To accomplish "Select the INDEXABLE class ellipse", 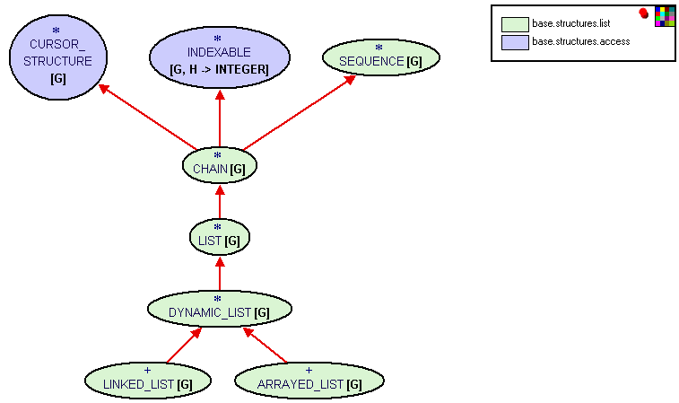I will coord(220,57).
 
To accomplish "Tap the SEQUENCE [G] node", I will coord(381,58).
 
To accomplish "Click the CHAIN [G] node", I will coord(220,166).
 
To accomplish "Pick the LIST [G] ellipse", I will coord(220,238).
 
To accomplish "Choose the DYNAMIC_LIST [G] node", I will coord(220,310).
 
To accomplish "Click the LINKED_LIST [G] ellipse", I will coord(148,381).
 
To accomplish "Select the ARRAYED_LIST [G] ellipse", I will coord(309,381).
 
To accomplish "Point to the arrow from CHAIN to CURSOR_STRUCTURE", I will coord(147,118).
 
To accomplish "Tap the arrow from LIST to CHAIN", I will coord(220,203).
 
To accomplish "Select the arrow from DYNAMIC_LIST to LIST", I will coord(220,274).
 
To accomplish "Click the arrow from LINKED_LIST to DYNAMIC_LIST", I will coord(184,346).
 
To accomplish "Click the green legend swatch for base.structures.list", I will coord(514,24).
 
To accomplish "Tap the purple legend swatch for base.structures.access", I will coord(514,41).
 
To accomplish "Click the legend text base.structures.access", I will coord(580,41).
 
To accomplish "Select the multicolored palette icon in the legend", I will coord(665,16).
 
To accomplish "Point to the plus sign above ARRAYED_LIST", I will coord(309,370).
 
